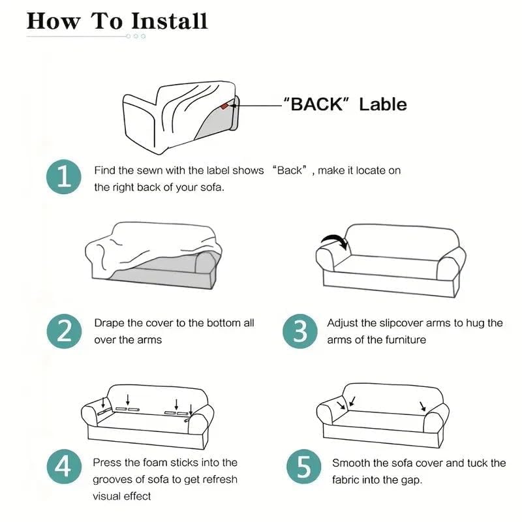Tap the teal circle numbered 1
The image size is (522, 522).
click(x=63, y=177)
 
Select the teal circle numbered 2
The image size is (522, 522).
click(x=63, y=331)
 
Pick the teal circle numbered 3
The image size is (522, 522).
click(x=299, y=331)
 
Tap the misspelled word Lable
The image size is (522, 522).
click(x=383, y=104)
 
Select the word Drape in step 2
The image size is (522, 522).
click(x=108, y=323)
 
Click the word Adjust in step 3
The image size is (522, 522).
click(x=343, y=323)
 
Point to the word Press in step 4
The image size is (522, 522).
click(x=108, y=463)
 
